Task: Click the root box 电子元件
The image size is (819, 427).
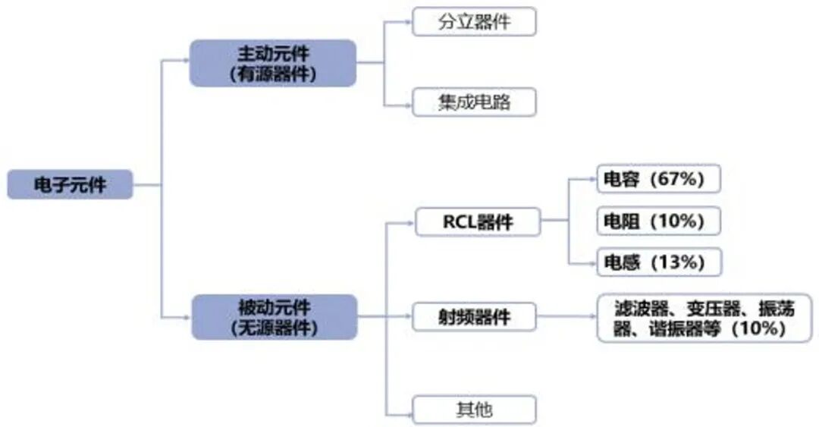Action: click(x=70, y=184)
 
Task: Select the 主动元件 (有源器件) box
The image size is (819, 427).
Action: click(x=272, y=63)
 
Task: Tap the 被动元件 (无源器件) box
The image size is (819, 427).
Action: click(x=273, y=316)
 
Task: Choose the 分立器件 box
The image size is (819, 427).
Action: click(x=474, y=21)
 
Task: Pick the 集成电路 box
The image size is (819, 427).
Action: click(x=474, y=102)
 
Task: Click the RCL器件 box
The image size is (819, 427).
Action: click(x=477, y=222)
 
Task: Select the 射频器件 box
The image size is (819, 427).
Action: click(x=474, y=316)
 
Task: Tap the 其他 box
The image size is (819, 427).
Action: click(x=474, y=410)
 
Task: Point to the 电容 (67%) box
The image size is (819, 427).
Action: click(x=657, y=180)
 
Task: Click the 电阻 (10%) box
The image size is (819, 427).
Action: click(x=657, y=221)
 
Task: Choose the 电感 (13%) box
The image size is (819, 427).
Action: click(x=657, y=262)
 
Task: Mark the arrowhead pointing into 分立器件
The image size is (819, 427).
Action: click(x=407, y=21)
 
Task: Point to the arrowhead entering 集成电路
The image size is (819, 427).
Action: click(x=407, y=102)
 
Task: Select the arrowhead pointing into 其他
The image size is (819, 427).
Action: click(x=407, y=413)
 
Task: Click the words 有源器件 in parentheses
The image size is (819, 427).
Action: click(x=272, y=74)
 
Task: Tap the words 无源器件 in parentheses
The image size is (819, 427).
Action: click(x=273, y=328)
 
